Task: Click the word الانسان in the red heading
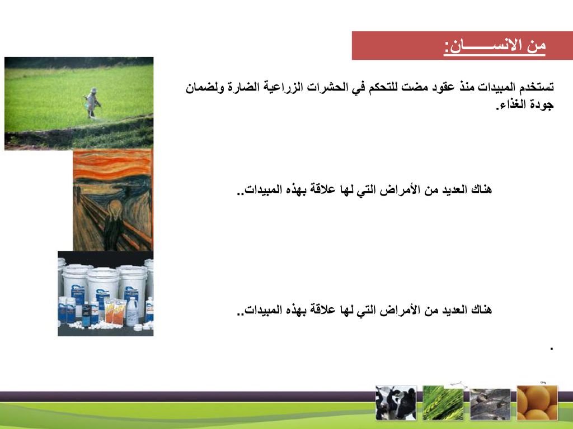point(479,46)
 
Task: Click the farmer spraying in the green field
point(92,103)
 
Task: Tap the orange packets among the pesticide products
point(115,311)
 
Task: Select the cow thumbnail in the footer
point(396,403)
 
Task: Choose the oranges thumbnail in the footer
point(537,403)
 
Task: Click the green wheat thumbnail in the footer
point(443,403)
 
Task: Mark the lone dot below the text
point(551,349)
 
